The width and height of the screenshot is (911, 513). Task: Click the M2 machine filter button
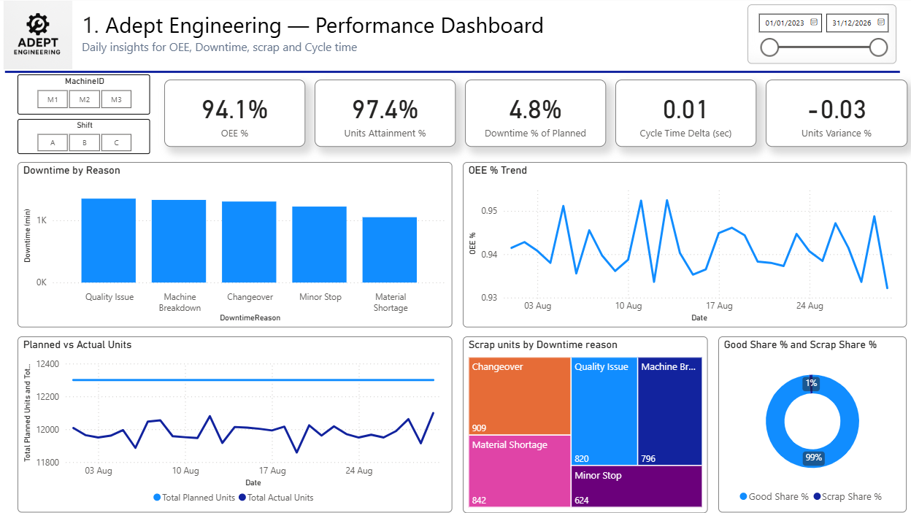coord(85,99)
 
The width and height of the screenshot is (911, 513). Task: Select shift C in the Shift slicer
coord(116,142)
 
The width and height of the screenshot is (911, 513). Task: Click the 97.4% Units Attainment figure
coord(385,109)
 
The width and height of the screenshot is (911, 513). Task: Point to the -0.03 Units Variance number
coord(836,109)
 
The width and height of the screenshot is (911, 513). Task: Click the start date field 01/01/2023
coord(785,23)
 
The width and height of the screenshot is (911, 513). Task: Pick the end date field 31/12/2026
coord(853,23)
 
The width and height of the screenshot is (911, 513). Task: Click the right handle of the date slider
coord(878,47)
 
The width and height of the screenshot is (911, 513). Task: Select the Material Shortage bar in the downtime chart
coord(390,250)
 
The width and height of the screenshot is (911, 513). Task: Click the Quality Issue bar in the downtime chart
coord(109,241)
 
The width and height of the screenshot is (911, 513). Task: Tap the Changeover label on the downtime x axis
coord(250,297)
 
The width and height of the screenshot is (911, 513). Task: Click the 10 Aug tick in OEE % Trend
coord(629,306)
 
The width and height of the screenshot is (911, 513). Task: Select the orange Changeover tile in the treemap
coord(519,396)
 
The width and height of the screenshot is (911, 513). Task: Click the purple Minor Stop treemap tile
coord(636,486)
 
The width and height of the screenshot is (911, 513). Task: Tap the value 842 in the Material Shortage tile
coord(479,500)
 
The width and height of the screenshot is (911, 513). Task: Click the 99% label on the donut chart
coord(813,458)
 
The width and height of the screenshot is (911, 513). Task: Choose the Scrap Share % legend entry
coord(847,496)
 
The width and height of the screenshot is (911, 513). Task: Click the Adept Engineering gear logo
coord(38,27)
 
